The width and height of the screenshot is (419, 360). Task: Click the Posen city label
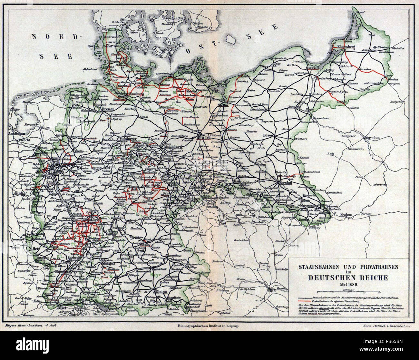268,135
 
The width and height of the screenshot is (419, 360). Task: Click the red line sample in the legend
305,300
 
